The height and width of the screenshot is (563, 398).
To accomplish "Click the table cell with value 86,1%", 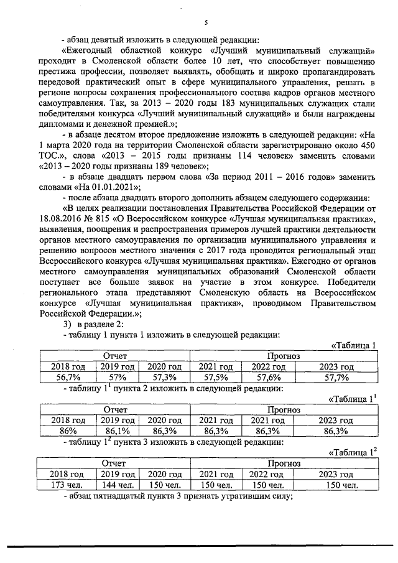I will [118, 430].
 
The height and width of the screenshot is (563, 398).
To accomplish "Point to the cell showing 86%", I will [69, 430].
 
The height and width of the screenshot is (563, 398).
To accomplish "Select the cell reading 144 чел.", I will [118, 484].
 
